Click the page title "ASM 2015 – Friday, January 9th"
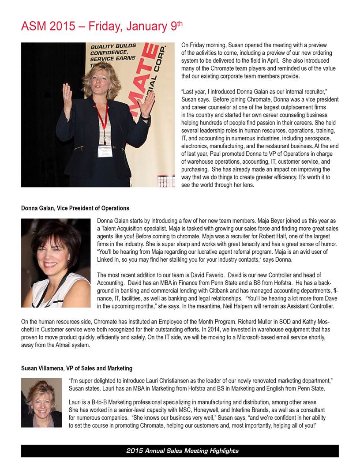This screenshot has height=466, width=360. point(101,26)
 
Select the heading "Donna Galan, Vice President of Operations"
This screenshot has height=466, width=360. point(75,208)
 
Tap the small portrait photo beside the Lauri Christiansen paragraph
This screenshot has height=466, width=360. point(41,402)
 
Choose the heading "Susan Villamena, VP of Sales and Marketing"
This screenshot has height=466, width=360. point(77,368)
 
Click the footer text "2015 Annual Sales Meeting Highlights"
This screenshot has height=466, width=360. point(182,451)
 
